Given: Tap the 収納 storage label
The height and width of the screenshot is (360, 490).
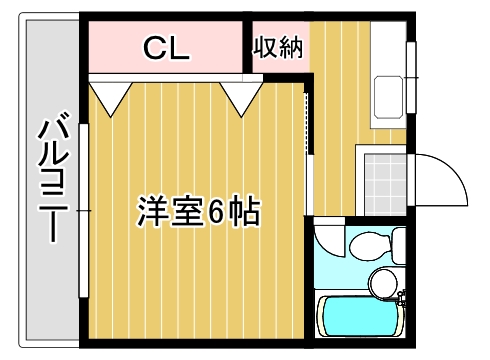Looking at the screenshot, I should coord(277,46).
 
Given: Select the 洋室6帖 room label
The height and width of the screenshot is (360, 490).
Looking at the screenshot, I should coord(198,212).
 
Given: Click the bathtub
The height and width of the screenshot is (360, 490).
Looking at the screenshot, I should coord(360,318).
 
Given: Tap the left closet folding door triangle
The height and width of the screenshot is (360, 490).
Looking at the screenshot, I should coord(109,96).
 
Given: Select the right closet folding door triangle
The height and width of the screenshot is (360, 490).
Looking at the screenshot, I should coord(241,96).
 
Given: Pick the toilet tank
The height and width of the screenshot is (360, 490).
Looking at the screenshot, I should coord(398,243).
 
